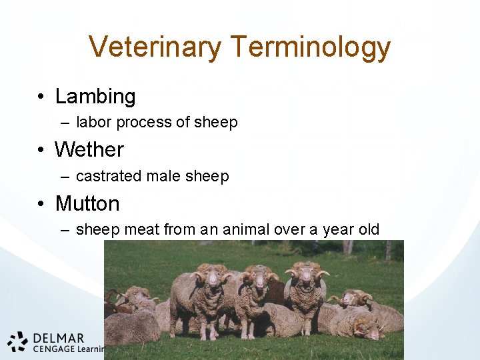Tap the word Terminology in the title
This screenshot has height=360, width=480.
311,47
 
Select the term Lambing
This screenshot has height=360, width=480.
95,97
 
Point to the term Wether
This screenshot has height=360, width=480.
89,150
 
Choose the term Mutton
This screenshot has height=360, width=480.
87,203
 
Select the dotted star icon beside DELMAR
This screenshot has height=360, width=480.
19,341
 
